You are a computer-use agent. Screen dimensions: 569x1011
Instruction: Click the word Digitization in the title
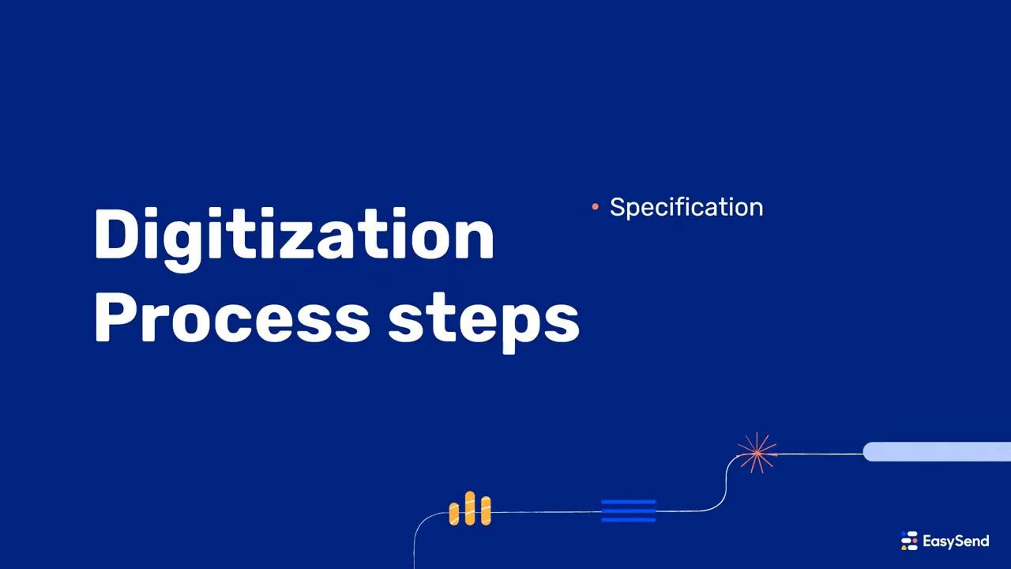294,235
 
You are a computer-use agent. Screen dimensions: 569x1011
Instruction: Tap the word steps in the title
483,320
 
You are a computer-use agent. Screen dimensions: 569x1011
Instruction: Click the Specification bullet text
686,207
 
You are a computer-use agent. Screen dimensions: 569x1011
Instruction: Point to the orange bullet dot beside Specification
595,207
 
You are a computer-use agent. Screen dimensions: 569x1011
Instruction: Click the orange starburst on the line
757,453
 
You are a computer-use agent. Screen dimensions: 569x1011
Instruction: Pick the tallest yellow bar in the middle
470,508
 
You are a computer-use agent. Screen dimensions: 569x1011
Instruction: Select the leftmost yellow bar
454,514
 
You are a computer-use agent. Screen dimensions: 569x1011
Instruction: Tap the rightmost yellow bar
486,511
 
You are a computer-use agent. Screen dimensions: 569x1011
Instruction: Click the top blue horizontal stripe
628,502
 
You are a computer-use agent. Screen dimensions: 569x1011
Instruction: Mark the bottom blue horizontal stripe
628,519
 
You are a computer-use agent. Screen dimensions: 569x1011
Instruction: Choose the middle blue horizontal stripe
628,511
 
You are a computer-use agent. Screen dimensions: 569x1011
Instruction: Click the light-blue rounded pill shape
936,452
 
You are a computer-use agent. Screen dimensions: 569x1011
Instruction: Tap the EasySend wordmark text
955,541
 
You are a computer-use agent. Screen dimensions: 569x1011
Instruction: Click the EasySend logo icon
909,541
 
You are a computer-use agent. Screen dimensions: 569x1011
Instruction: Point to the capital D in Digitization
116,235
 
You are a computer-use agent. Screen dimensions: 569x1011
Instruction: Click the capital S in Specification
618,207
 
